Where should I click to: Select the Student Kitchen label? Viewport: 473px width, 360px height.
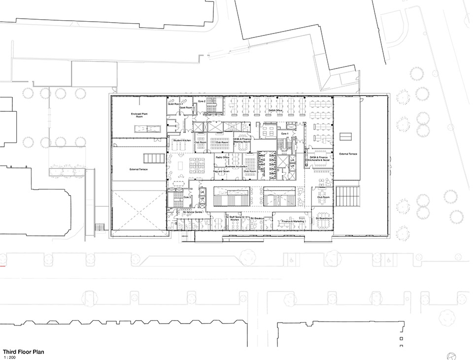tap(182, 140)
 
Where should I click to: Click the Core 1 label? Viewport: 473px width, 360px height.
tap(284, 133)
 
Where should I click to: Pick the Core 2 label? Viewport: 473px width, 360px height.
tap(202, 101)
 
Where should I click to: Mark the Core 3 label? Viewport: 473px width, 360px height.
tap(187, 197)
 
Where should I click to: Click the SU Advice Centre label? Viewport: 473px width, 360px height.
tap(192, 212)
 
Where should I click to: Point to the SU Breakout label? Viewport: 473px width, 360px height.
tap(258, 218)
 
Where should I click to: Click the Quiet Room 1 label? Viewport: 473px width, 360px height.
tap(175, 104)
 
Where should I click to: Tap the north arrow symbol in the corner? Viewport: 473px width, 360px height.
tap(450, 356)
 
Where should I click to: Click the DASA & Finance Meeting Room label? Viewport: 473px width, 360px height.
tap(242, 141)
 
